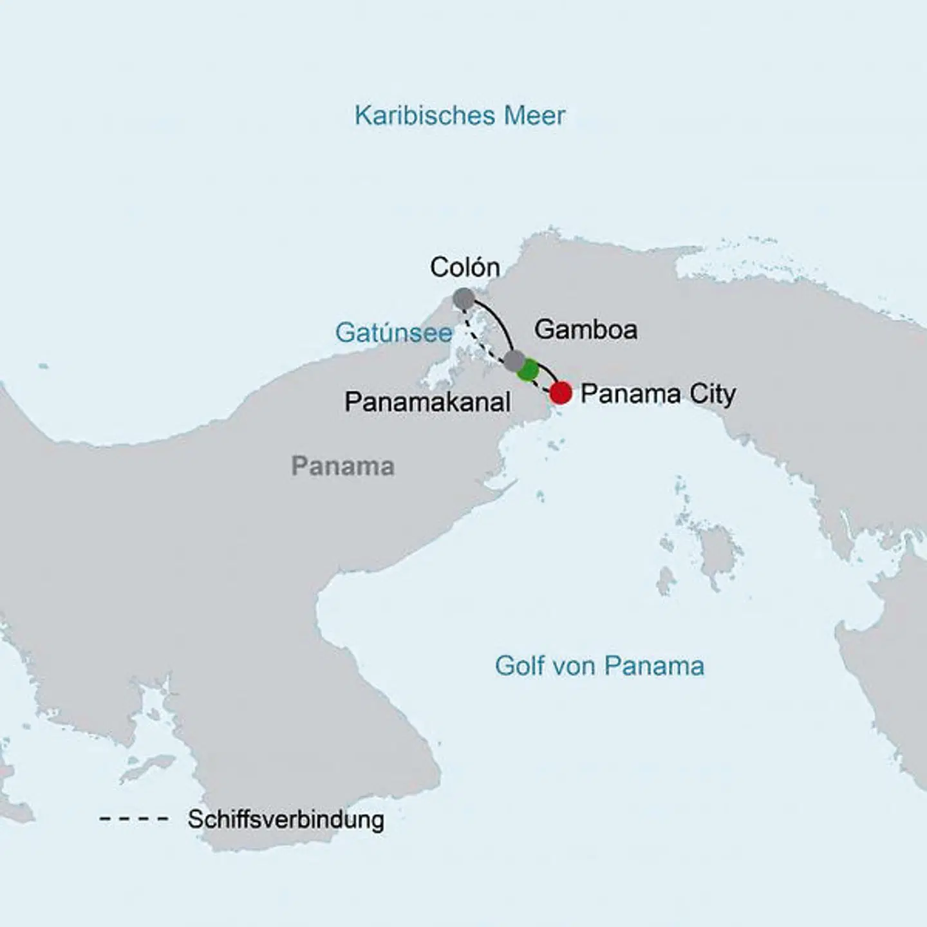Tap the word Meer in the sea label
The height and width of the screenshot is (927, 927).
(x=534, y=116)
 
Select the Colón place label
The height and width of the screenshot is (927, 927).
(x=465, y=267)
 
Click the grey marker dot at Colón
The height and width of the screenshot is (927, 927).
(x=464, y=299)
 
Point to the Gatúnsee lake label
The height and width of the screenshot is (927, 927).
(x=393, y=333)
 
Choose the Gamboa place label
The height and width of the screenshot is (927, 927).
(x=586, y=330)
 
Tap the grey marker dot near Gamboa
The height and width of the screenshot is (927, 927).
(x=513, y=360)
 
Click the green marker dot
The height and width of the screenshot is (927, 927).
(x=529, y=370)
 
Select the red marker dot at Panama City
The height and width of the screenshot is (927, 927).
(x=561, y=393)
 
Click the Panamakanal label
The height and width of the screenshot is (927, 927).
(x=427, y=402)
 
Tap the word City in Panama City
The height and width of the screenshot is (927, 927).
(x=712, y=394)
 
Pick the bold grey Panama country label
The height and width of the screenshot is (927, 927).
(x=342, y=466)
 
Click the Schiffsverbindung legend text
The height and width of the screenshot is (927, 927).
(x=286, y=819)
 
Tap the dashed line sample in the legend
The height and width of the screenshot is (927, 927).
(x=134, y=819)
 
